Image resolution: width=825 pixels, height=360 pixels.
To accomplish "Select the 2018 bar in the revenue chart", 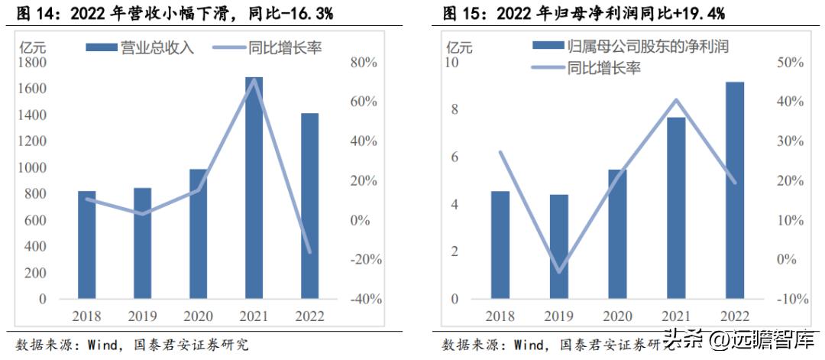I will (87, 245).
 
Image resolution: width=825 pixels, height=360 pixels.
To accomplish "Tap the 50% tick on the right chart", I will (791, 63).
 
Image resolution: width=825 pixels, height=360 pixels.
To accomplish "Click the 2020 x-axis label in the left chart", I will (198, 316).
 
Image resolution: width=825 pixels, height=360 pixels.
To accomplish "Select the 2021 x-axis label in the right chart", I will (675, 316).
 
